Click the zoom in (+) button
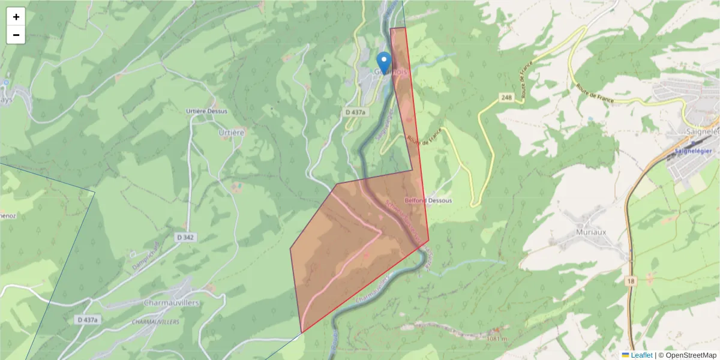pyautogui.click(x=16, y=17)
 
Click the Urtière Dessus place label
pyautogui.click(x=206, y=111)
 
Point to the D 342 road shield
pyautogui.click(x=186, y=238)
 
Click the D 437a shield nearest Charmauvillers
pyautogui.click(x=87, y=320)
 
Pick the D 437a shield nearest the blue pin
pyautogui.click(x=356, y=112)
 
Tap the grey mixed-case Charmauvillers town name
pyautogui.click(x=172, y=303)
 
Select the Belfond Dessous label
pyautogui.click(x=428, y=200)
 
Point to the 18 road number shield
pyautogui.click(x=630, y=281)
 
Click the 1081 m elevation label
pyautogui.click(x=497, y=339)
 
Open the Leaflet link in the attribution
pyautogui.click(x=641, y=355)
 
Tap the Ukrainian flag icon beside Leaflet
pyautogui.click(x=625, y=355)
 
